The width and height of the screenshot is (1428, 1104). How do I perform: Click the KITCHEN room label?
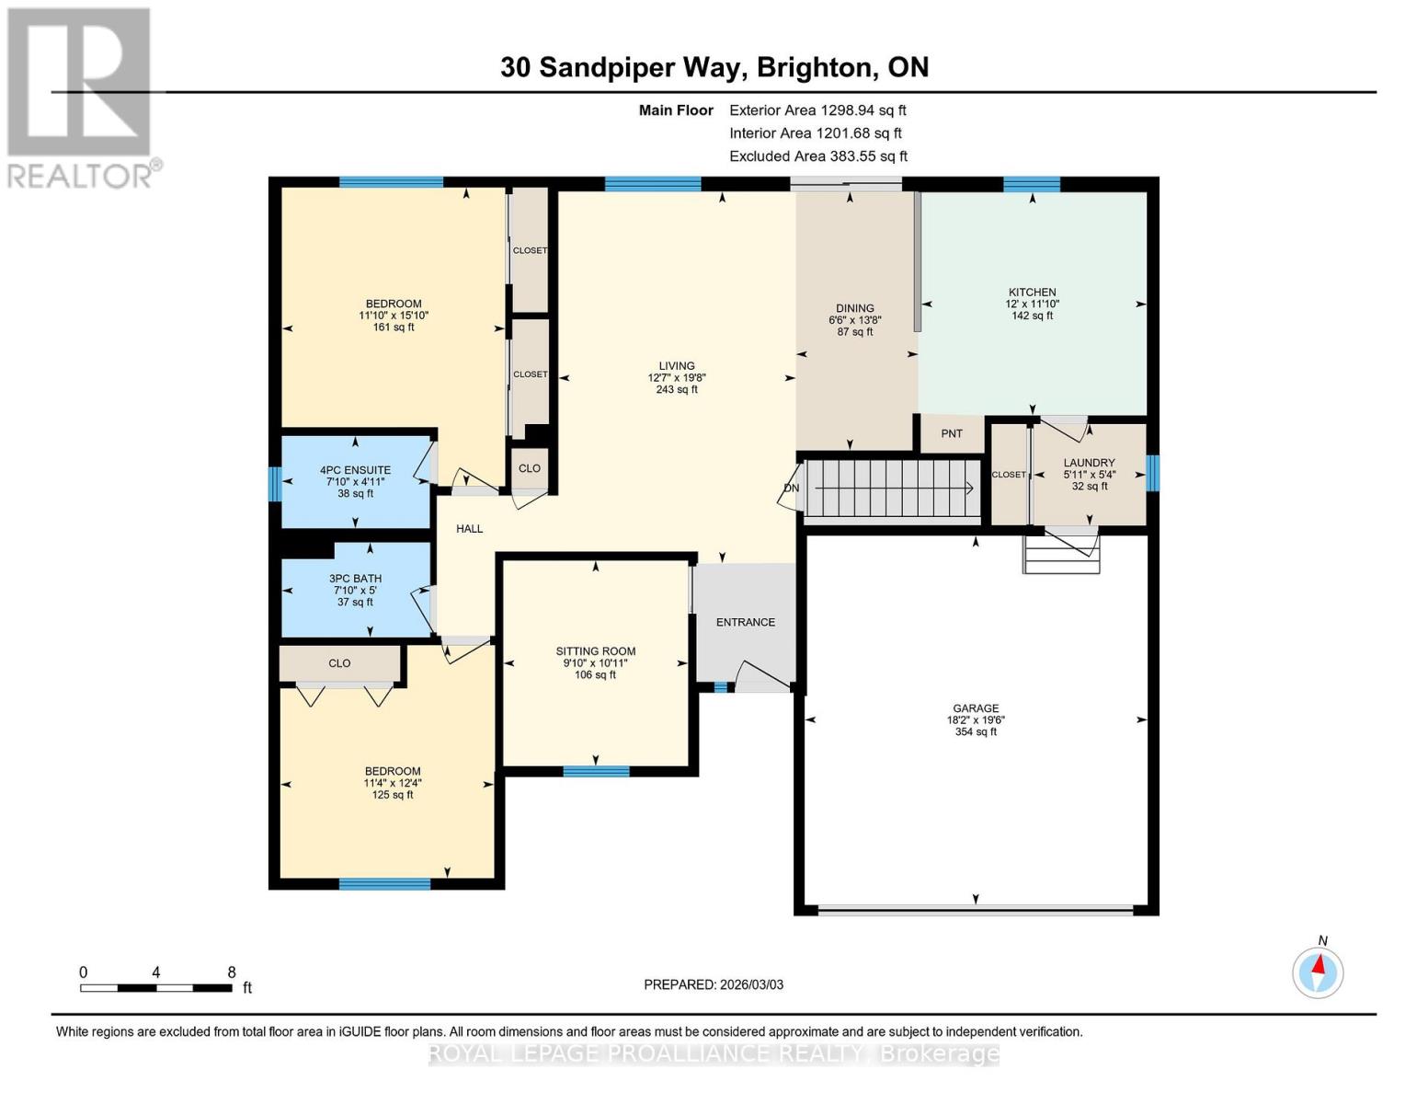[1031, 292]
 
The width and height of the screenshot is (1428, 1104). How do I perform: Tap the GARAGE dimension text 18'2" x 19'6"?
[975, 720]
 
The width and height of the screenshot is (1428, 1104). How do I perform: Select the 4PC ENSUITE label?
[355, 470]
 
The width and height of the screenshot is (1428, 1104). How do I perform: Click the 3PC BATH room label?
[355, 579]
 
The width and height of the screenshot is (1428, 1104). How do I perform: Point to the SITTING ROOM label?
[595, 651]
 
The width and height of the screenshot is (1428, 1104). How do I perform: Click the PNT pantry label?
[952, 433]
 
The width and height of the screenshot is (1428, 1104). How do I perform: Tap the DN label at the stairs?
[791, 489]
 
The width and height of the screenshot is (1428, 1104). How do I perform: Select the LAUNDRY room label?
[1089, 463]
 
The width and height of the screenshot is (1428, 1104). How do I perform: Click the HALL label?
[469, 529]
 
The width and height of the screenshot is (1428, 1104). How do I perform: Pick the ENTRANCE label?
[745, 622]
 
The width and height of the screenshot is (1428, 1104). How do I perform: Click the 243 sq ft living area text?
[676, 390]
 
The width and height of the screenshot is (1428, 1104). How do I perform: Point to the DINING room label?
[854, 308]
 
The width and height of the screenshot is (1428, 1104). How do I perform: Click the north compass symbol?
[1318, 971]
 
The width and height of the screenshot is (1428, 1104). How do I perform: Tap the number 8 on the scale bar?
[232, 972]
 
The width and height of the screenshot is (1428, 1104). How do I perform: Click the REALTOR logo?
[81, 97]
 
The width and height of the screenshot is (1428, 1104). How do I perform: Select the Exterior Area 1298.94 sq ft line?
[817, 109]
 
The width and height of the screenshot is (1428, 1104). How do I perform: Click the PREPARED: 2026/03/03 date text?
[714, 984]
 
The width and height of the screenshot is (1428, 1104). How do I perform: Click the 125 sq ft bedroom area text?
[393, 795]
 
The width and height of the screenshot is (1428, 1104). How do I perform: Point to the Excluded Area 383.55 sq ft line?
[818, 156]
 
